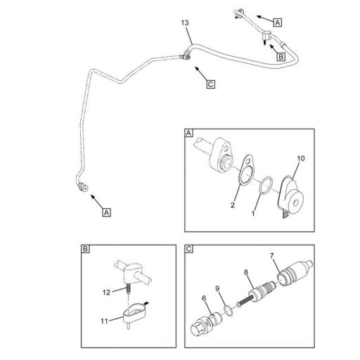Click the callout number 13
pos(185,23)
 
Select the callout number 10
pos(301,158)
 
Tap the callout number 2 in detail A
pos(232,205)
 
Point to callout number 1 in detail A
pos(253,214)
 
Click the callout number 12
pos(106,292)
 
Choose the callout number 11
pos(104,321)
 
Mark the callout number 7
pos(271,256)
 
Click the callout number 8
pos(246,272)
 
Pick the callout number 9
pos(217,288)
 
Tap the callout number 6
pos(204,298)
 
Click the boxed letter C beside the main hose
pos(210,84)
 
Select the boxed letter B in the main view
pos(281,57)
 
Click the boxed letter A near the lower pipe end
pos(106,212)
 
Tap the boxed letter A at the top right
pos(278,22)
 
